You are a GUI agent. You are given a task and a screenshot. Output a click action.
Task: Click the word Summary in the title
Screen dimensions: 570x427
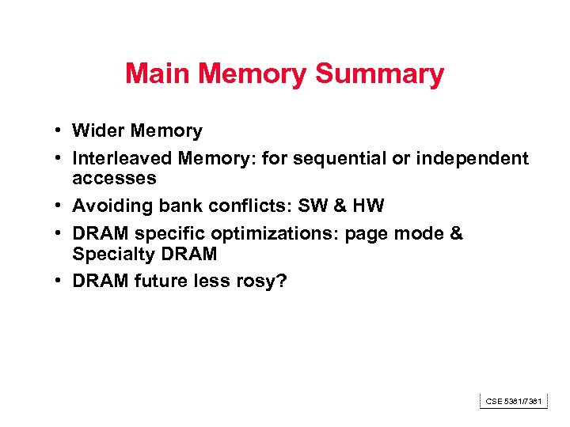pyautogui.click(x=379, y=74)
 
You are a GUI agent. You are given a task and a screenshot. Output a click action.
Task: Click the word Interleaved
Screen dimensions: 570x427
pyautogui.click(x=123, y=159)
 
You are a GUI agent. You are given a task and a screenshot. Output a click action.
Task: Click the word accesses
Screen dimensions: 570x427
pyautogui.click(x=114, y=178)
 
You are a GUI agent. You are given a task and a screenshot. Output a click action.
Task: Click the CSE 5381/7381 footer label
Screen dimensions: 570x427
pyautogui.click(x=514, y=402)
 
